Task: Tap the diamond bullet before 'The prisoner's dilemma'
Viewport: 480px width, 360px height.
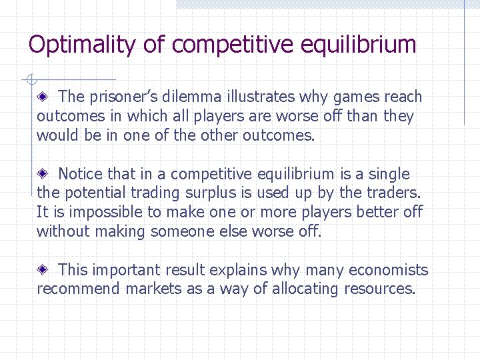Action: tap(42, 97)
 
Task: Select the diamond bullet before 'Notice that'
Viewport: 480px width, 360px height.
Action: tap(42, 175)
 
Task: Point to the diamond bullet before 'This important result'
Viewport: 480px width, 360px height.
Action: tap(42, 270)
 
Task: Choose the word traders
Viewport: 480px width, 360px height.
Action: tap(393, 193)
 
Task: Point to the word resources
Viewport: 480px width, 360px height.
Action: tap(379, 289)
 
